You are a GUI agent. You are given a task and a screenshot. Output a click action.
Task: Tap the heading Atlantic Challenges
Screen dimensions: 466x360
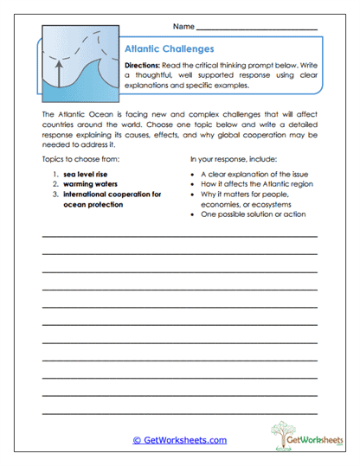pos(170,49)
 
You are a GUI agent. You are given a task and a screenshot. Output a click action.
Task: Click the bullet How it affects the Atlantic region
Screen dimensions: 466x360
pos(258,184)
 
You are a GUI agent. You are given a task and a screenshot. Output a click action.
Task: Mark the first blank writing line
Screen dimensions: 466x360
pos(179,236)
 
